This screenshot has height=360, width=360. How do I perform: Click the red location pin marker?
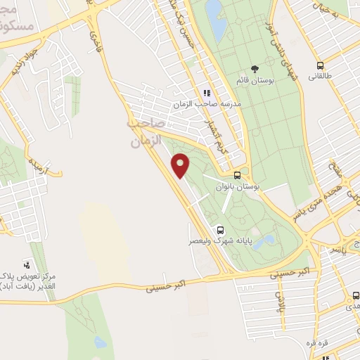(181, 166)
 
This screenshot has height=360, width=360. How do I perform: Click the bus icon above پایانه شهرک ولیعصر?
(221, 229)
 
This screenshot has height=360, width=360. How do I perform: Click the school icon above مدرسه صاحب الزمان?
(207, 93)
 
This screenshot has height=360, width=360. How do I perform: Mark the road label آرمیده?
(37, 167)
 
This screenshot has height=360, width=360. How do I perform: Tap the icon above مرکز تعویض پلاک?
(27, 265)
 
